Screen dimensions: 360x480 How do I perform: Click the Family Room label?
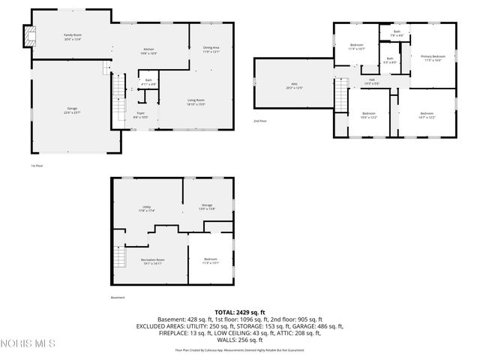tap(73, 35)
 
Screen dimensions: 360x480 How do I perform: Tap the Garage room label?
tap(73, 109)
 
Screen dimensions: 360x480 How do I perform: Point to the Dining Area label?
tap(211, 49)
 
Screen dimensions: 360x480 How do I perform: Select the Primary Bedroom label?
tap(433, 57)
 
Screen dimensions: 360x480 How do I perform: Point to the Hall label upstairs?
tap(371, 80)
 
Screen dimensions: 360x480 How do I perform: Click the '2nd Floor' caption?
tap(260, 121)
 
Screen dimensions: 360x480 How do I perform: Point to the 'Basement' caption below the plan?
tap(118, 297)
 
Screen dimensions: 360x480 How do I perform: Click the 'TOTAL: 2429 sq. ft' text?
tap(239, 312)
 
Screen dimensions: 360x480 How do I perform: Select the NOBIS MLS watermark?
tap(28, 343)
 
